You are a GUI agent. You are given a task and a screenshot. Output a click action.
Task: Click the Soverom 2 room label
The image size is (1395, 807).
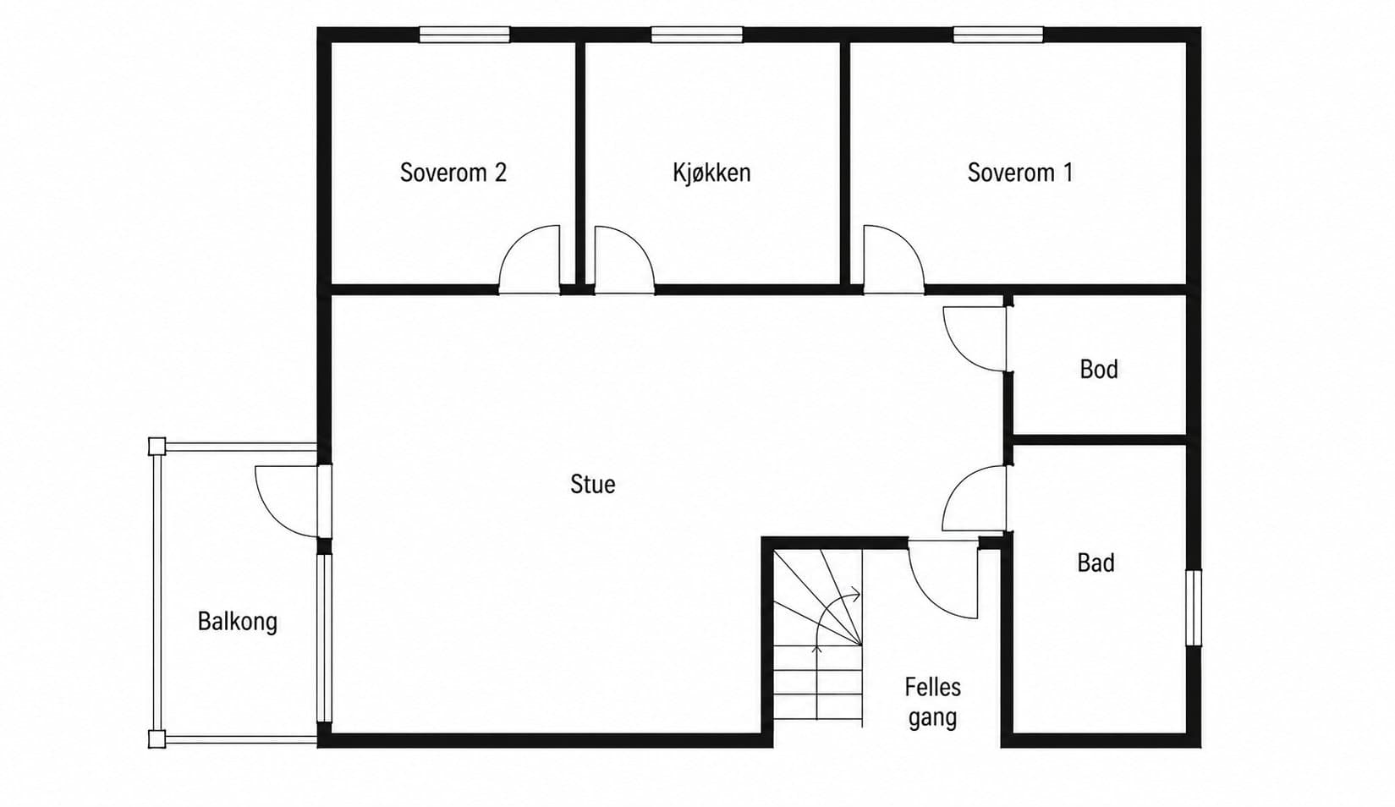[x=453, y=173]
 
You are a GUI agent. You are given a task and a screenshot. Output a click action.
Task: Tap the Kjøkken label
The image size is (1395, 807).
[x=711, y=173]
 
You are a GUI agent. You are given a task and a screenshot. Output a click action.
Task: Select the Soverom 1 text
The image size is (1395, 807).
[x=1020, y=173]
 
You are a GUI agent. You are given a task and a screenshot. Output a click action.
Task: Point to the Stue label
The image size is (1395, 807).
[x=593, y=485]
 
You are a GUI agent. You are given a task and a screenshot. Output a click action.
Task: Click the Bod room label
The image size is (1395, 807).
[x=1099, y=370]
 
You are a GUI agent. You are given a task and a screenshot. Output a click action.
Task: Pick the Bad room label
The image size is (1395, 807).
[x=1096, y=563]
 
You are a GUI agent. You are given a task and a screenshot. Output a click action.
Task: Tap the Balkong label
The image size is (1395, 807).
[x=237, y=622]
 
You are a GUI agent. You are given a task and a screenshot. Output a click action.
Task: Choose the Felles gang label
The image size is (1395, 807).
[x=932, y=702]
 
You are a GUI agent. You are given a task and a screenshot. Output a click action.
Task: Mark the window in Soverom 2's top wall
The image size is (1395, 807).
[x=464, y=35]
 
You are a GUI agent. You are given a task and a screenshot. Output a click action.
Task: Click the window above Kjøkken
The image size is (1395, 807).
[x=697, y=35]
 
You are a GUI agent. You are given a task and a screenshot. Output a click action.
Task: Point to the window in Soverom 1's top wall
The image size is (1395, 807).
[x=998, y=35]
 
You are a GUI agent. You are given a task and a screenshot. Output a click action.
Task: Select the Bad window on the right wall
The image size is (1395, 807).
[x=1193, y=607]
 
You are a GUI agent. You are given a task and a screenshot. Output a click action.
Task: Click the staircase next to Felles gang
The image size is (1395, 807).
[x=818, y=636]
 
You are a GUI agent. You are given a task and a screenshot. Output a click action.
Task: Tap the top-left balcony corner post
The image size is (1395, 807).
[x=157, y=447]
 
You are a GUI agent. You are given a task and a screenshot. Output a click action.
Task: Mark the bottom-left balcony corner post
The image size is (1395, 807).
[x=157, y=739]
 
